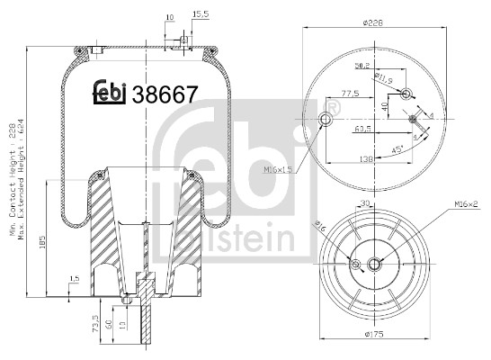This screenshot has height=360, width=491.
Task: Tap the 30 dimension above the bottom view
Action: tap(365, 203)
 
